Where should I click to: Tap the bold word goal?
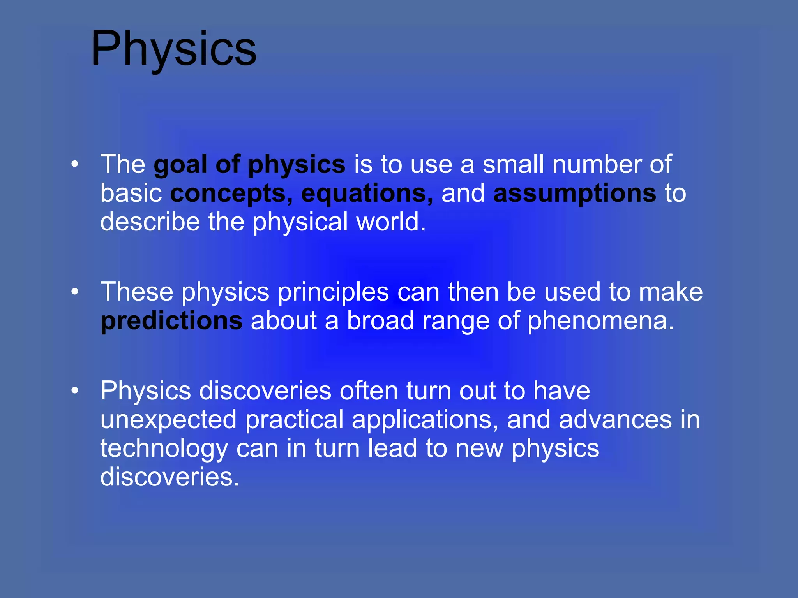pos(180,165)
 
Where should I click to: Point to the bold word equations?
pos(367,194)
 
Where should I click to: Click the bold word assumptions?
pos(575,194)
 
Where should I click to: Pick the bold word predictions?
pos(171,321)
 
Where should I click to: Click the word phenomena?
pos(600,321)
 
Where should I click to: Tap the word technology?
pos(164,448)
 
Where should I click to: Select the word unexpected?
pos(168,420)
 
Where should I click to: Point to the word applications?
pos(424,420)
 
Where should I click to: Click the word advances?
pos(615,420)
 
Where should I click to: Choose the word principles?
pos(333,292)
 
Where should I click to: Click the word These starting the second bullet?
pos(137,292)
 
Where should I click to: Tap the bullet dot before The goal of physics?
pos(75,164)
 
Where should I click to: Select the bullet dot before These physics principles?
pos(75,292)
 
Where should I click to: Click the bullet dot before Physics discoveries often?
pos(75,390)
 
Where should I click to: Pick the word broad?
pos(380,321)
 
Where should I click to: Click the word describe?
pos(150,222)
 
